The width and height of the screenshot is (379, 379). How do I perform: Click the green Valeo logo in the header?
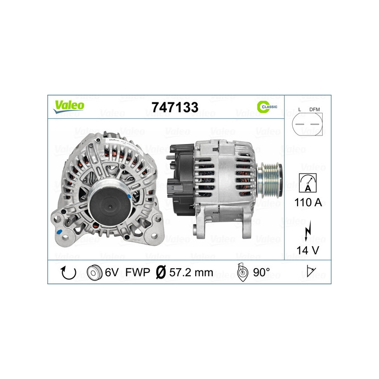pos(69,106)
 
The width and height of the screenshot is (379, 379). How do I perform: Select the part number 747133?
pos(174,107)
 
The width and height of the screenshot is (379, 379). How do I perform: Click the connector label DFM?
pos(315,109)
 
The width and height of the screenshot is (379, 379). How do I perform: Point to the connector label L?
pos(300,109)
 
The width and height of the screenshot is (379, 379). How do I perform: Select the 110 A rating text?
pos(308,202)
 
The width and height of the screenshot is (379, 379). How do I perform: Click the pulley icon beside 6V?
pos(95,273)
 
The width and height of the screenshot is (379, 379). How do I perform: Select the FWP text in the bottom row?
pos(138,273)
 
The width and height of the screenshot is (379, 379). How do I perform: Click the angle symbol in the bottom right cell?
pos(311,272)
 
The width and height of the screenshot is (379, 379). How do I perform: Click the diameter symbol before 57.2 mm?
pos(161,273)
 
